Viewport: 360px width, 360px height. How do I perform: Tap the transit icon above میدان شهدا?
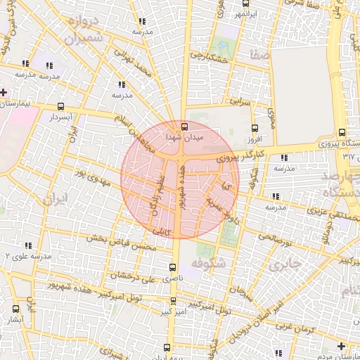184,127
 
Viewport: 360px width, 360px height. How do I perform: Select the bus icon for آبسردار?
60,106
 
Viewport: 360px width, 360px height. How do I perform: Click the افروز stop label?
255,139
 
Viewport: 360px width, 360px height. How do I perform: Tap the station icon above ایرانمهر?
221,4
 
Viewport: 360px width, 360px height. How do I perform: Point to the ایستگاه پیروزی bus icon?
342,132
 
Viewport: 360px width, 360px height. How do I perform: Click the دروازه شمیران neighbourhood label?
84,30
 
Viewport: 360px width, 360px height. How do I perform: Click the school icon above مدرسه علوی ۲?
28,246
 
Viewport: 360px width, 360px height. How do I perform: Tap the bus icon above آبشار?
16,309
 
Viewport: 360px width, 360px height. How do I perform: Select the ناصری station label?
173,278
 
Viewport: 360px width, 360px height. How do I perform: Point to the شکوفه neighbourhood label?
211,263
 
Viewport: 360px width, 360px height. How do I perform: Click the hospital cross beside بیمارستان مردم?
341,346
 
